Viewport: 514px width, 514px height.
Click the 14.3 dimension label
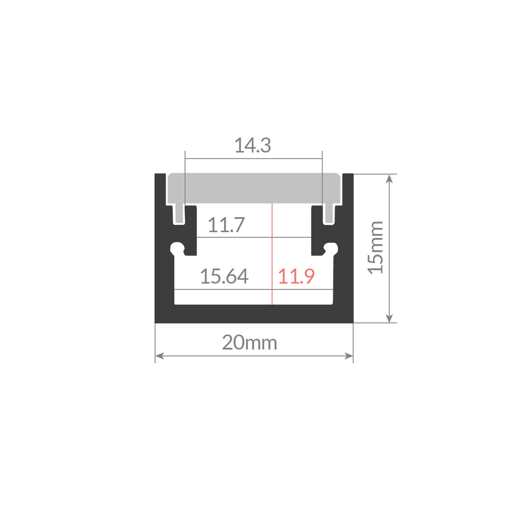coord(253,146)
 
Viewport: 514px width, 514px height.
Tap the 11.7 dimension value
coord(226,225)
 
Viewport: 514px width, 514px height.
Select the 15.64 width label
coord(224,276)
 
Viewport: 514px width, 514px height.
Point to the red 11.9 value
coord(296,276)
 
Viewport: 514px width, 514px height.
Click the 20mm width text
coord(249,343)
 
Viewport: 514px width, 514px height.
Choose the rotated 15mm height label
coord(375,248)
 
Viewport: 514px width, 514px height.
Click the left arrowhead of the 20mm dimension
coord(159,356)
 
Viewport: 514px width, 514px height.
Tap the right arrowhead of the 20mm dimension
coord(349,356)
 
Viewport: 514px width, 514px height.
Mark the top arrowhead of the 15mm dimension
coord(389,179)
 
